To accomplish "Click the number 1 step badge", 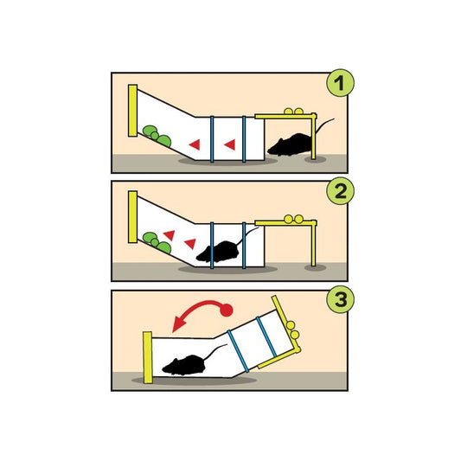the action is click(340, 83).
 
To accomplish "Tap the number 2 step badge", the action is click(340, 191).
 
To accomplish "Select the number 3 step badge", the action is click(340, 299).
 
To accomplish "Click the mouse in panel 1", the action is click(291, 144).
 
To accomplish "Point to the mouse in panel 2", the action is click(218, 252).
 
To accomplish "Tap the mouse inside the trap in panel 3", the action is click(184, 365).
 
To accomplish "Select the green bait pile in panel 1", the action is click(157, 136).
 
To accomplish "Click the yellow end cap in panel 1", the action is click(132, 111).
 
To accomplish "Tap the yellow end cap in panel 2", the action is click(132, 217).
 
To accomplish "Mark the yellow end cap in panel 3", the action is click(148, 357).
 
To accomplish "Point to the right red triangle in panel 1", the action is click(230, 144).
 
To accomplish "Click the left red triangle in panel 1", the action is click(195, 144).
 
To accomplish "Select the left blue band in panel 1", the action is click(212, 139).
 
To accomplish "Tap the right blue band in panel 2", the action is click(244, 246).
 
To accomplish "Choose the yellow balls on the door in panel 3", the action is click(293, 330).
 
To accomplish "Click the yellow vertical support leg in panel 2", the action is click(313, 243).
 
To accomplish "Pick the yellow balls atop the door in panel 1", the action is click(294, 111).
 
